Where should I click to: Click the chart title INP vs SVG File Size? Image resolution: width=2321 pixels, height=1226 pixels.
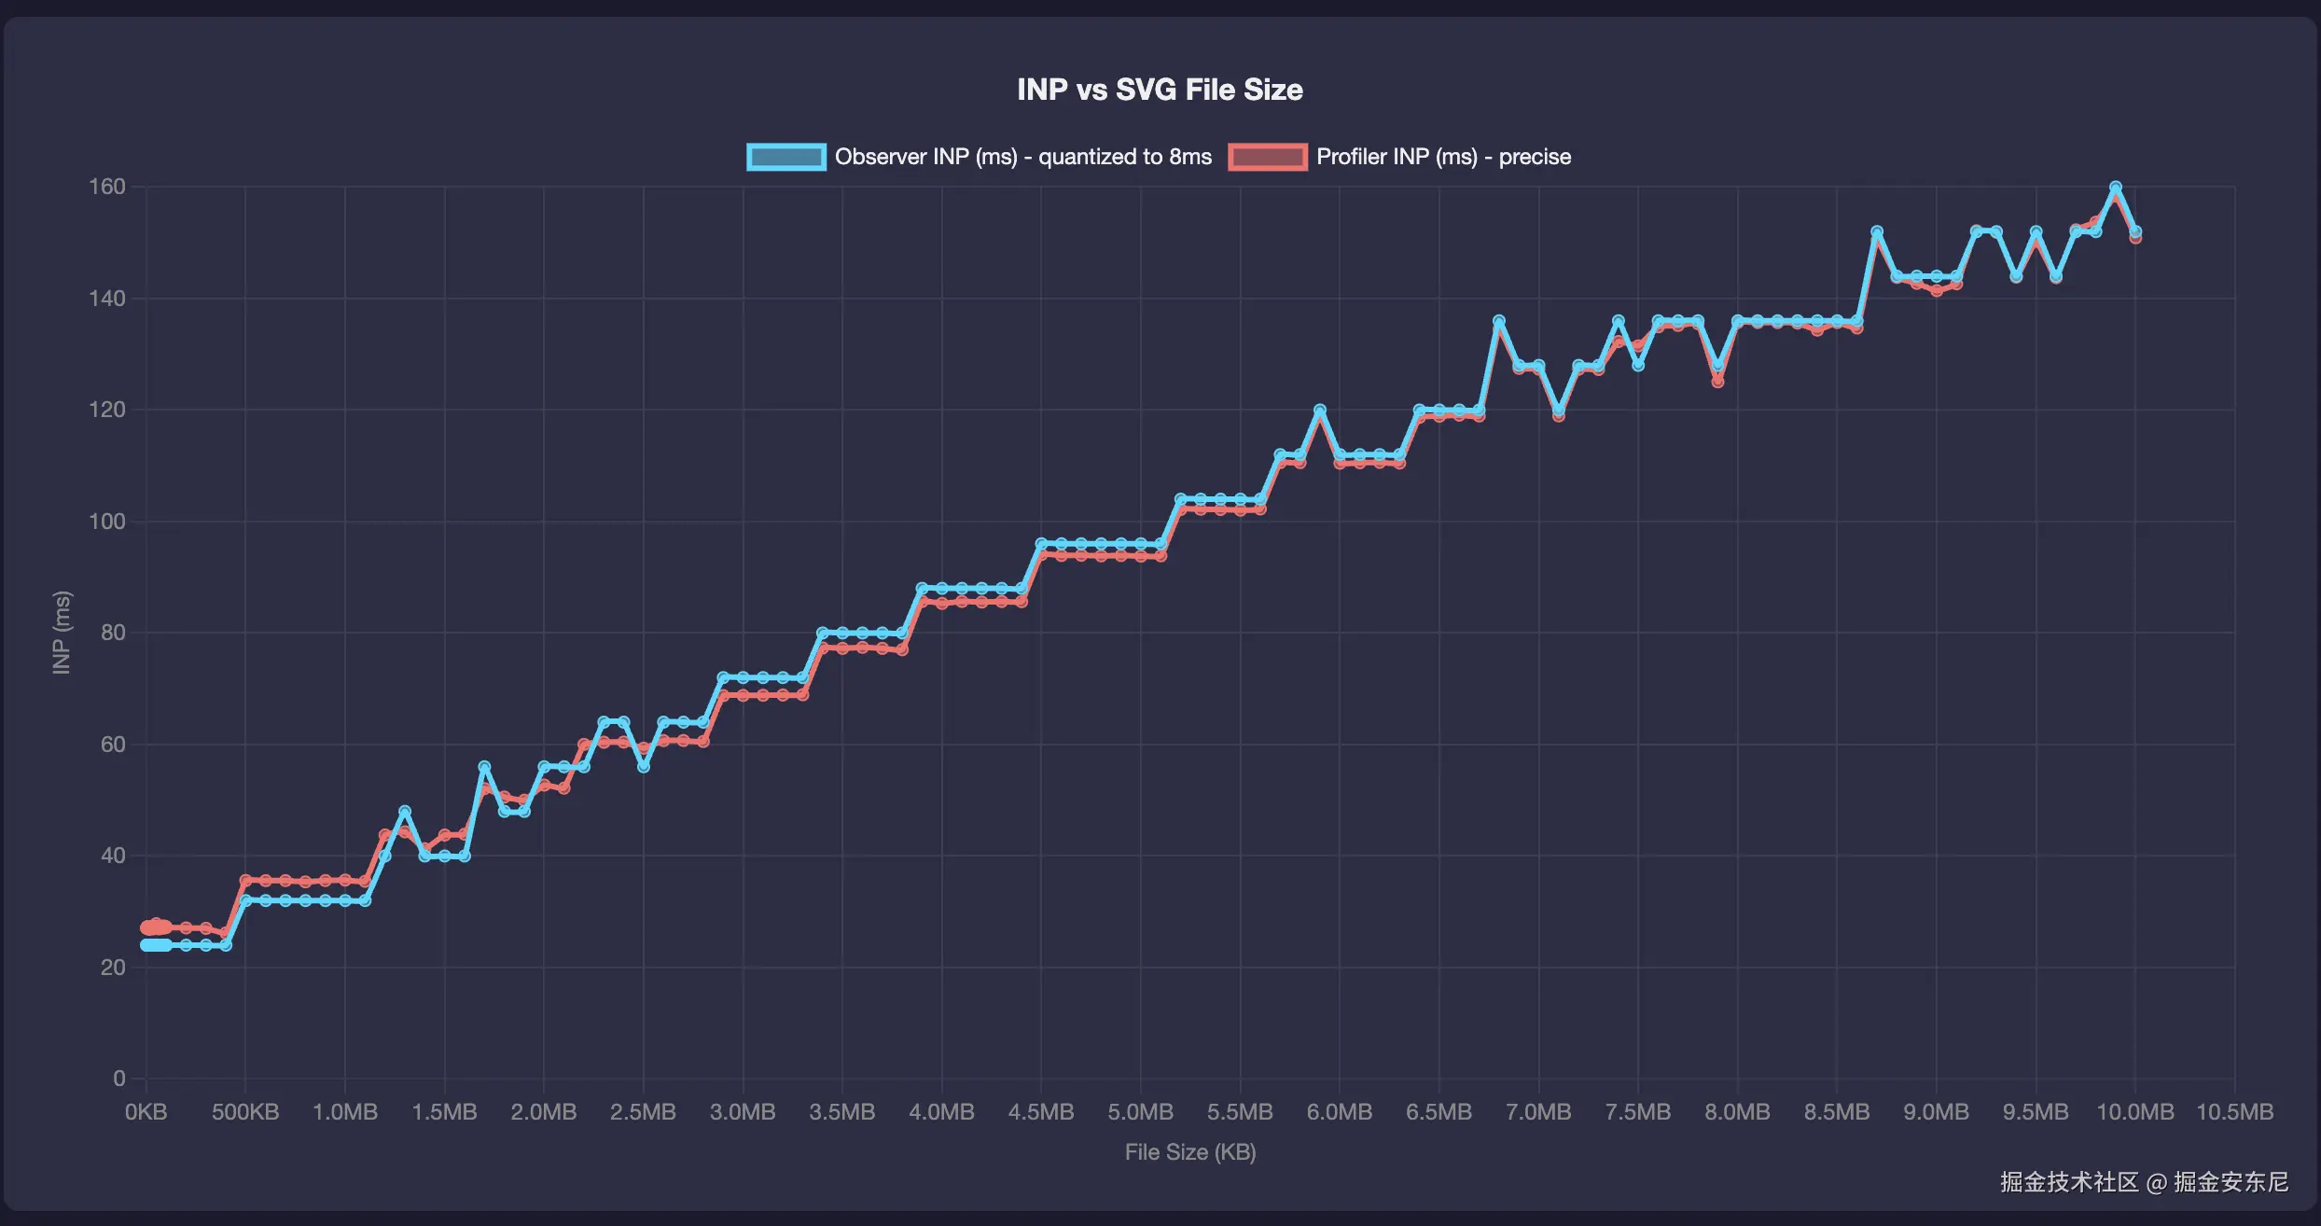1160,90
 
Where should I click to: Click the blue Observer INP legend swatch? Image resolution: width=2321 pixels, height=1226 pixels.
785,157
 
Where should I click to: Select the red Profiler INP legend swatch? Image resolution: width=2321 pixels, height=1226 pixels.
1267,157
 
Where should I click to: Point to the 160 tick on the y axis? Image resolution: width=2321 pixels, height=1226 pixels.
106,187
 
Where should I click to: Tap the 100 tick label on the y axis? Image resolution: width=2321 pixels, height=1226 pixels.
106,522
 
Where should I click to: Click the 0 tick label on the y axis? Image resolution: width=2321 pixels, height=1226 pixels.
118,1079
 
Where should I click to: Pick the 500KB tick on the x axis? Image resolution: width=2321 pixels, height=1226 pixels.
244,1112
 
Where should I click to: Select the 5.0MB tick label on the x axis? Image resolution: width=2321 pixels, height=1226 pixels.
1140,1112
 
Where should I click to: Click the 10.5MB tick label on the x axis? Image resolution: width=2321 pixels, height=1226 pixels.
2234,1112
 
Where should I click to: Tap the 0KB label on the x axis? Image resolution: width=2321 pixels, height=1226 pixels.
146,1112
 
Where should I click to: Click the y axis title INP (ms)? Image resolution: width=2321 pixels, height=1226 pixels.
62,633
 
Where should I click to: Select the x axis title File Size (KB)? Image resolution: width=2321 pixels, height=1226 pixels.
1189,1152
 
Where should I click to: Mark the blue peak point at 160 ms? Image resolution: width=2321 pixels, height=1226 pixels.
2116,188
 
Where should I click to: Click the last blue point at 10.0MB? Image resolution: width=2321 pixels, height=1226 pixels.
2135,231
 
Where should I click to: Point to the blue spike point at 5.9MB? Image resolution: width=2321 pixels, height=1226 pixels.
1320,410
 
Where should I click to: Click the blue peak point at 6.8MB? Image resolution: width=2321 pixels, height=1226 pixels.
1499,321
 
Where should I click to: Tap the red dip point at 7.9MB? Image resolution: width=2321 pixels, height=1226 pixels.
1717,382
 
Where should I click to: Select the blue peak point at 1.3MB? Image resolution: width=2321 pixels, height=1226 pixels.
405,812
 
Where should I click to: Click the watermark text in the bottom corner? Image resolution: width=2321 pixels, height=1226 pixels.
2144,1182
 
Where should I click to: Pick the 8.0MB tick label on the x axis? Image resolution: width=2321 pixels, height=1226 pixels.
1737,1112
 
